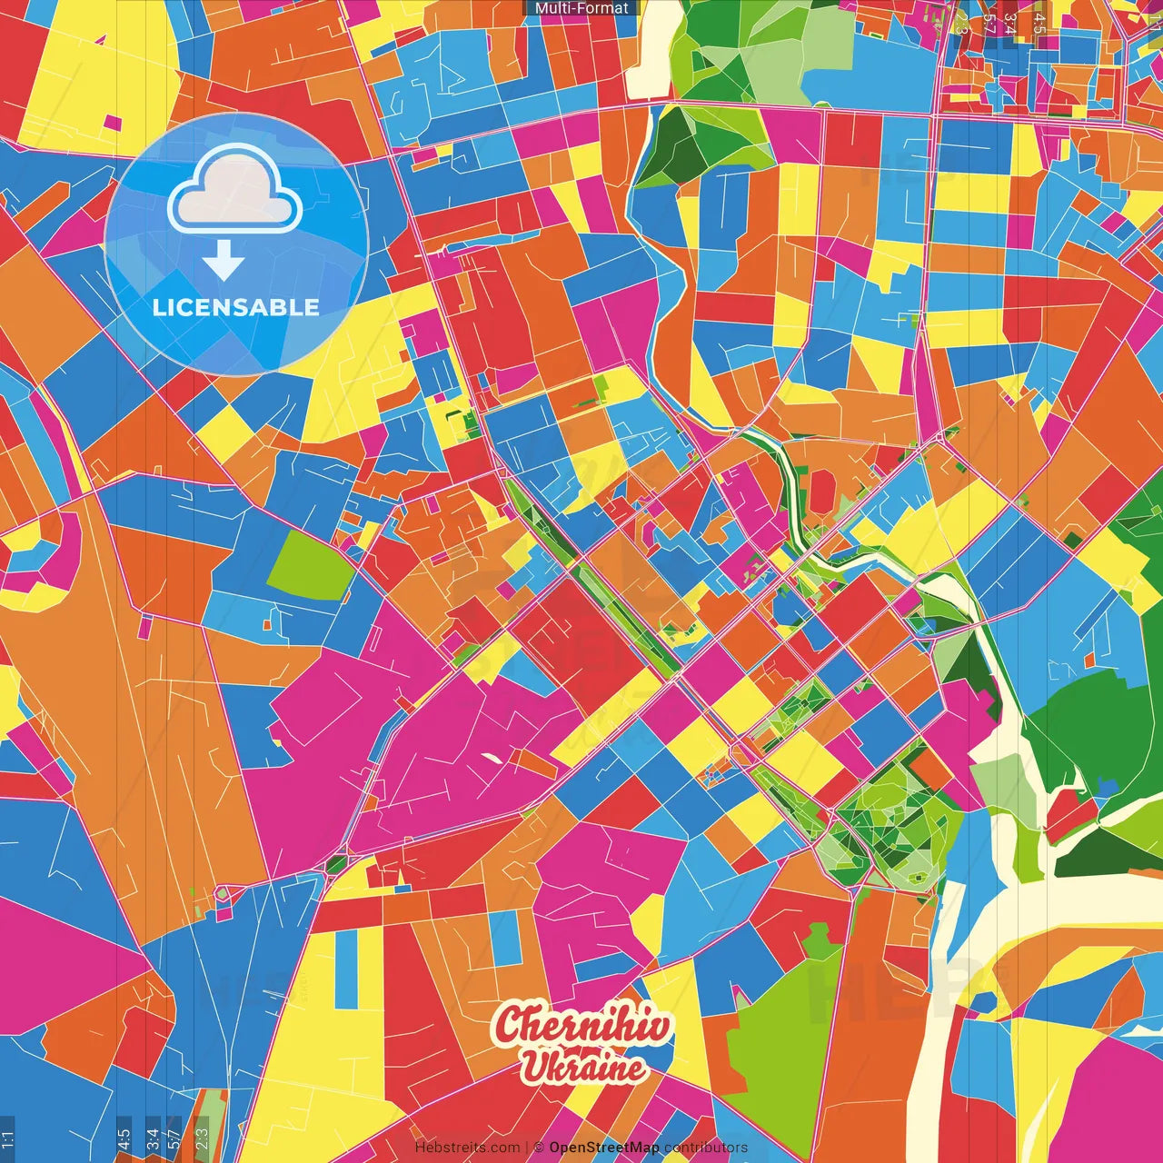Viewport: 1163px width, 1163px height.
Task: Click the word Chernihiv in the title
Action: (583, 1026)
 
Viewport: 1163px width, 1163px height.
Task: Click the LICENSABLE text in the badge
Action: (236, 307)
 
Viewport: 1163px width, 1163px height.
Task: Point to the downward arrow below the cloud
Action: (224, 261)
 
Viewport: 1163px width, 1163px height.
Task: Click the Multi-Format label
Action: (581, 8)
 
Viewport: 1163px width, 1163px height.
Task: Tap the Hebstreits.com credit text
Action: (467, 1148)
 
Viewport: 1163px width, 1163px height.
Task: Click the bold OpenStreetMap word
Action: (604, 1148)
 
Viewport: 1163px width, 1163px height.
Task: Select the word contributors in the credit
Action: (706, 1148)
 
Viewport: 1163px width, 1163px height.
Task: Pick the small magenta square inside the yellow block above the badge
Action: (113, 123)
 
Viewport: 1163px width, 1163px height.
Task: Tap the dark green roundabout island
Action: (336, 863)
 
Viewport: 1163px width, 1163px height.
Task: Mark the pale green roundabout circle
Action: (222, 895)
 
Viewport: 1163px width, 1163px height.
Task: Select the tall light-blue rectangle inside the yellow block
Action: (346, 969)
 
